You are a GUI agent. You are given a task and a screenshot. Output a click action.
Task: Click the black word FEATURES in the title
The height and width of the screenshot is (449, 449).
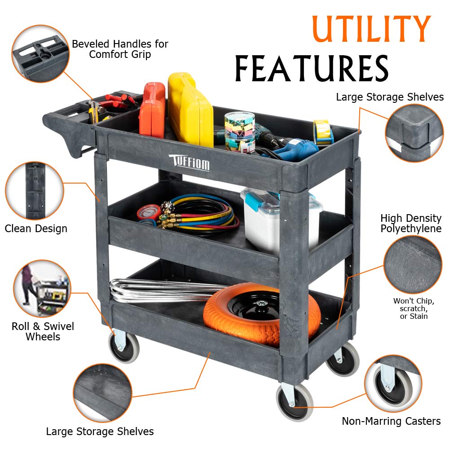point(311,69)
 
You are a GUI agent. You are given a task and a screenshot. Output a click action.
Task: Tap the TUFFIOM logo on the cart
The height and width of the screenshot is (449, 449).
point(189,162)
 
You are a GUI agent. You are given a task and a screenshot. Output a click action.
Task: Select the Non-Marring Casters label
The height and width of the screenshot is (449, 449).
point(391,421)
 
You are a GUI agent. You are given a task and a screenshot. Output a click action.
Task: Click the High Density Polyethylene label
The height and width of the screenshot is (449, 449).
point(411,223)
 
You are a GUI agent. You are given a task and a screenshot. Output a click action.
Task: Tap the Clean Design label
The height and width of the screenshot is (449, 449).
point(36,229)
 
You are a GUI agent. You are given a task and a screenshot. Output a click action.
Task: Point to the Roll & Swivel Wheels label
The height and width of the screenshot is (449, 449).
point(43,331)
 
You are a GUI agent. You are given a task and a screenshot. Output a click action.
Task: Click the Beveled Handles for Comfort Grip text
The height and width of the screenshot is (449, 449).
point(120,49)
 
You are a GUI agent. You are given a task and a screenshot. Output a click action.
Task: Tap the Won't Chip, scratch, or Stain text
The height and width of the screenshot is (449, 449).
point(414,308)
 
